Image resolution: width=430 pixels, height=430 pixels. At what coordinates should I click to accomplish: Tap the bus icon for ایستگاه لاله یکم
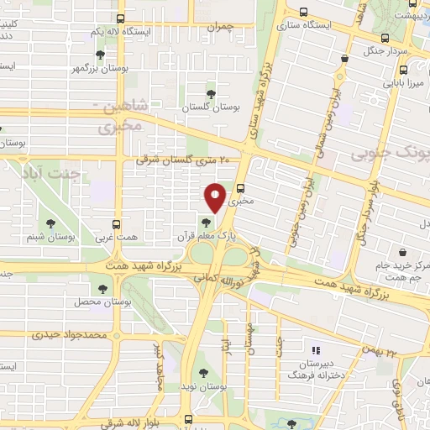121,18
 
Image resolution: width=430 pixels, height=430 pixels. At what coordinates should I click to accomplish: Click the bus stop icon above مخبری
242,188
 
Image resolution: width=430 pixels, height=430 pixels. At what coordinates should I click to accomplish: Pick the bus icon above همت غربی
117,225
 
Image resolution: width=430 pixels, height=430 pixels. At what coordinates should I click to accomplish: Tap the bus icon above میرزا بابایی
344,59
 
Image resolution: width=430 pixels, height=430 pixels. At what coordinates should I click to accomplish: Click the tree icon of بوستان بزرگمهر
101,55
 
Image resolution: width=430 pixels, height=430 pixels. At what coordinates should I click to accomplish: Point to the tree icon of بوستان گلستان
211,94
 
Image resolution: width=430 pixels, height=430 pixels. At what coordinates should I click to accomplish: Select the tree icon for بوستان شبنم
50,223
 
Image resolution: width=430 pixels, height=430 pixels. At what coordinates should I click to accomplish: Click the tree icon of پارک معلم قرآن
206,223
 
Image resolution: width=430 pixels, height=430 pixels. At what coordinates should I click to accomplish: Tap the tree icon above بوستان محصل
102,289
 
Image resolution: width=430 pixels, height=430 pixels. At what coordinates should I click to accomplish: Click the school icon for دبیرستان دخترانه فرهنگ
317,349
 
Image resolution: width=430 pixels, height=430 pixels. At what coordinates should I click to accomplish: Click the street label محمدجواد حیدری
73,334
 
